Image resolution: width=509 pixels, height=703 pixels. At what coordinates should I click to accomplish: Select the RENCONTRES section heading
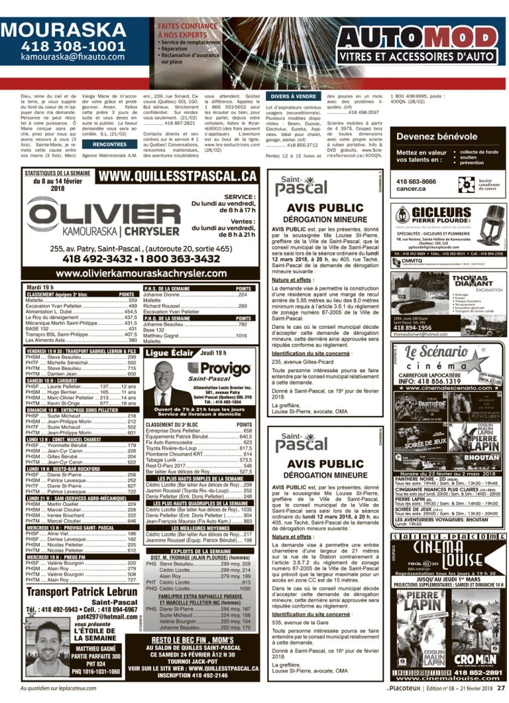pyautogui.click(x=109, y=145)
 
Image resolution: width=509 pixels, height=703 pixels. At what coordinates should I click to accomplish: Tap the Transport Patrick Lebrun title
pyautogui.click(x=82, y=592)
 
